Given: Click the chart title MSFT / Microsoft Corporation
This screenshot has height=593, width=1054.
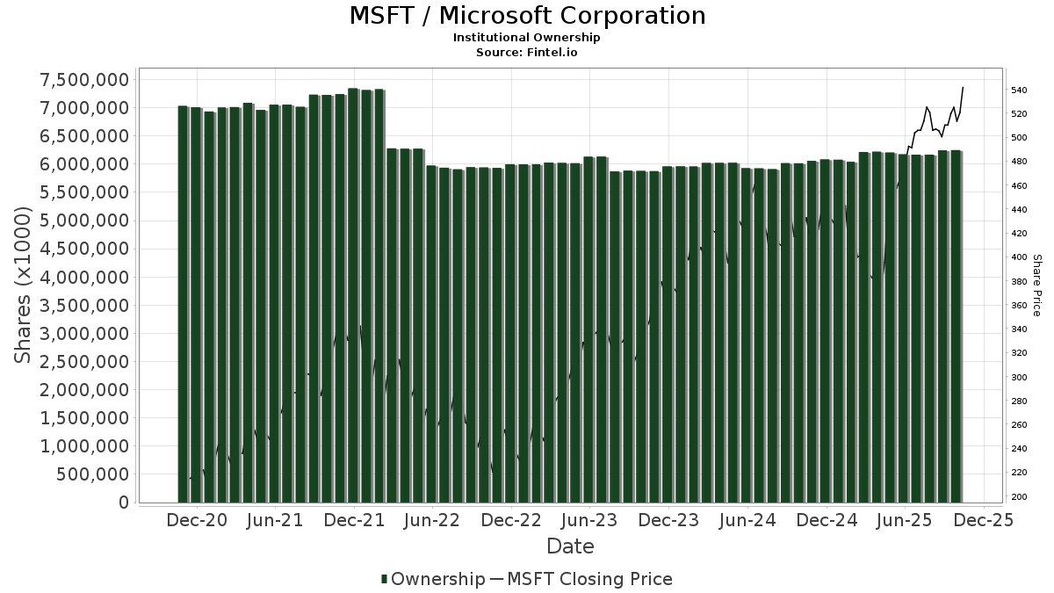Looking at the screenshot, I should [x=527, y=16].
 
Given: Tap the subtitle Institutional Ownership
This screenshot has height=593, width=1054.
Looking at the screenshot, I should [x=527, y=38].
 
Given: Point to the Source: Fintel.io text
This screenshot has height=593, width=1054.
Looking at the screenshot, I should [x=527, y=52].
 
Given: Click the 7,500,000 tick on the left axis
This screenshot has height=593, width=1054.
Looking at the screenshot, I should [x=85, y=80].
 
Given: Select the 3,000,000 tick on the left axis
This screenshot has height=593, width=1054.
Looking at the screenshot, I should [x=85, y=334].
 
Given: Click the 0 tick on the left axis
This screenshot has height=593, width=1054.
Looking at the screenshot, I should [x=124, y=503].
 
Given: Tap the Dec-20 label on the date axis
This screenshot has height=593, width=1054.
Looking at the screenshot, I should [x=197, y=520].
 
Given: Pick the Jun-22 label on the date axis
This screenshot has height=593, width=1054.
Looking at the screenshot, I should [x=432, y=520].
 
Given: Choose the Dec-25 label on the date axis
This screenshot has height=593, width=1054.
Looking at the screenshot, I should [x=984, y=520].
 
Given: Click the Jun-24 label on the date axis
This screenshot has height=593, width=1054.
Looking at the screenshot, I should [x=747, y=520].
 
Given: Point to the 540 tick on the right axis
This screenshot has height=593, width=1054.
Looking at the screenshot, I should [x=1019, y=90].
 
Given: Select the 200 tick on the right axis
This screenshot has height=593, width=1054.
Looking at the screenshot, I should [x=1019, y=497].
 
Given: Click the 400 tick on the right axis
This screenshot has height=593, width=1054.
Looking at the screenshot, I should [x=1019, y=257].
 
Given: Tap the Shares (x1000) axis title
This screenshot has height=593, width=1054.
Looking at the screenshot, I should [x=23, y=286].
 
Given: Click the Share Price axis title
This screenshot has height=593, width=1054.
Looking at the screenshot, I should [x=1036, y=286].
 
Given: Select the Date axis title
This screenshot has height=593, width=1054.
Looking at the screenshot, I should [x=570, y=546].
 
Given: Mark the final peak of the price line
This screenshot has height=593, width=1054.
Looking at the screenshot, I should [x=964, y=87].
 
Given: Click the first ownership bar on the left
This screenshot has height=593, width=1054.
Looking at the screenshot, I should [x=183, y=304].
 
